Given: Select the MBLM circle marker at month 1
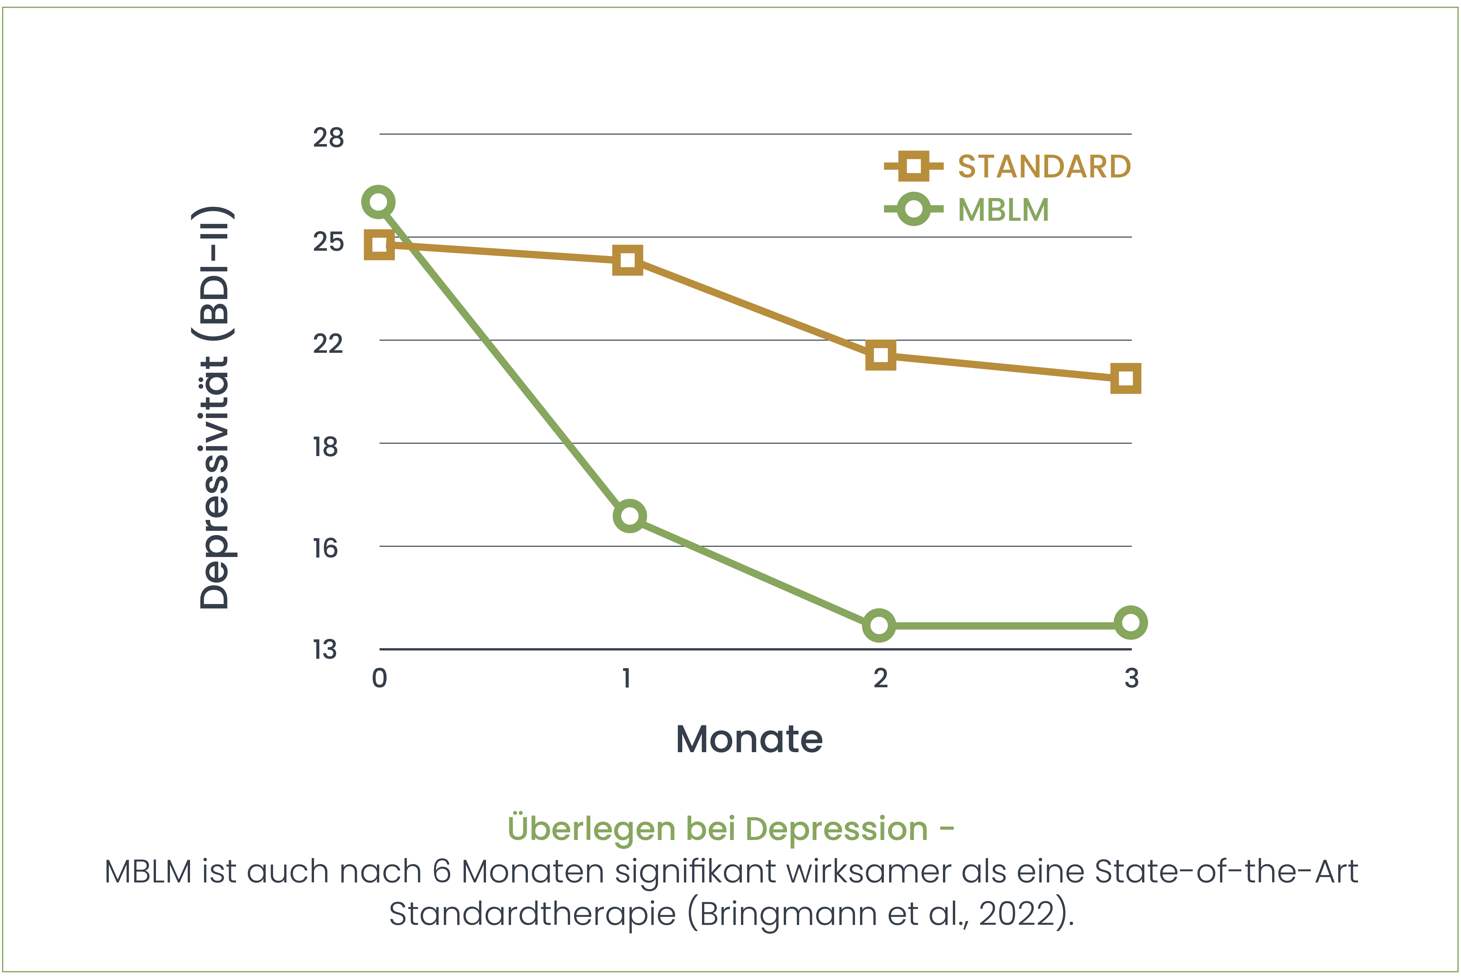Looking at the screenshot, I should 630,516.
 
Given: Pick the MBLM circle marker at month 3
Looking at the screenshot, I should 1131,622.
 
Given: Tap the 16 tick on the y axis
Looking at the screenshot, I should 325,549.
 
